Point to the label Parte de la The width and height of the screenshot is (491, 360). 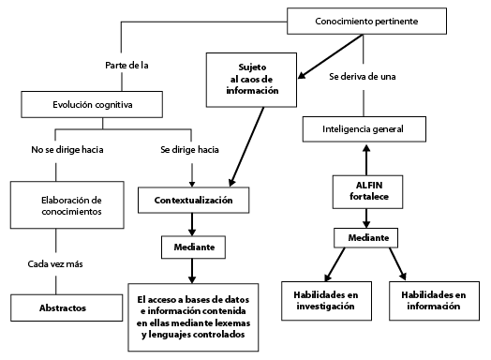tap(126, 65)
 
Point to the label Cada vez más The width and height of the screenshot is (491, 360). tap(56, 264)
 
